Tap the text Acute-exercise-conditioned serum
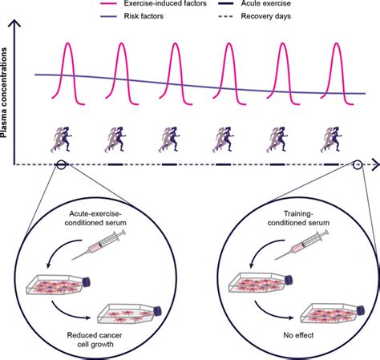tap(89, 223)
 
